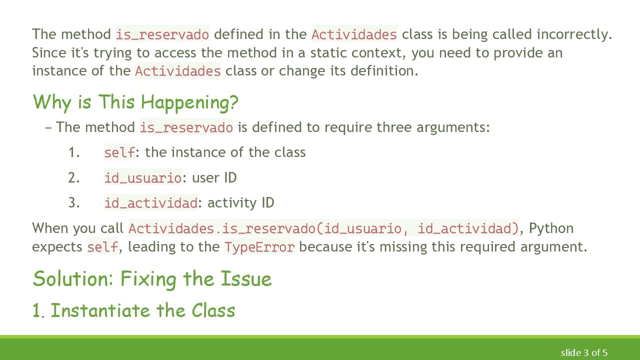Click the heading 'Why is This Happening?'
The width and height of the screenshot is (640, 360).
(135, 102)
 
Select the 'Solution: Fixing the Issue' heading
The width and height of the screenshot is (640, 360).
(152, 278)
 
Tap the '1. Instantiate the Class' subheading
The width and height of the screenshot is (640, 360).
(133, 310)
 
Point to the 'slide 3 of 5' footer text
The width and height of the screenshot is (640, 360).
(583, 353)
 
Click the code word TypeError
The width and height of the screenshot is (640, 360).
(259, 247)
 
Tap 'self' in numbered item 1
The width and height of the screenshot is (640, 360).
(119, 152)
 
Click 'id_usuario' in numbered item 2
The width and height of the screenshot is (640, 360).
(142, 178)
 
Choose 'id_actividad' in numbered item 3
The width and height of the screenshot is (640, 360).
(150, 203)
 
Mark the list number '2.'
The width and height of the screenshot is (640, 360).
(74, 178)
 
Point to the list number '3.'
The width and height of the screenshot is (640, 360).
(74, 203)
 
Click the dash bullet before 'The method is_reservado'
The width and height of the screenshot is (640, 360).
(48, 127)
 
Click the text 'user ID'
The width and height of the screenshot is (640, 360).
(214, 178)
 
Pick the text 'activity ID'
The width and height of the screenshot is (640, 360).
(240, 203)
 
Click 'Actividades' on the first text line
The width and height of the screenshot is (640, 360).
(354, 34)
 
